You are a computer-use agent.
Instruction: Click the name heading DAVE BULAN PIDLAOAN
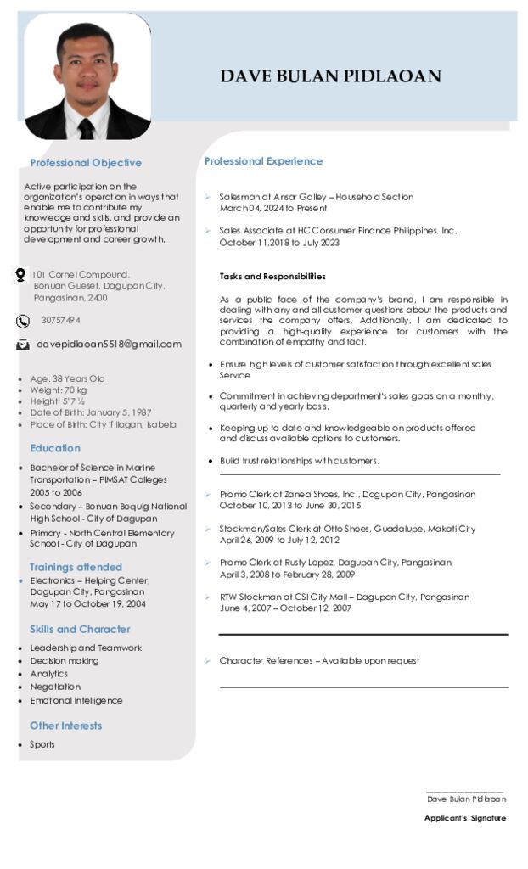(x=330, y=77)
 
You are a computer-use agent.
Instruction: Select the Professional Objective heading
(x=86, y=163)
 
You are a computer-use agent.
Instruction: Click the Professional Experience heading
(x=263, y=161)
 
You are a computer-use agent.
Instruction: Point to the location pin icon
(x=20, y=275)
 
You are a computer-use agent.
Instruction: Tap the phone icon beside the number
(x=23, y=321)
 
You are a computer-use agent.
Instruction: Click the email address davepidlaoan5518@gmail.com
(x=109, y=345)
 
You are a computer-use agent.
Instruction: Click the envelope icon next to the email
(x=23, y=345)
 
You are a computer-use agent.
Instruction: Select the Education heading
(x=55, y=448)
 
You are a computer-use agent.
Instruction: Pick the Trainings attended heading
(x=76, y=567)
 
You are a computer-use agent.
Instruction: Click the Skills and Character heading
(x=80, y=630)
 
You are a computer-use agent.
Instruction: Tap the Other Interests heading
(x=65, y=726)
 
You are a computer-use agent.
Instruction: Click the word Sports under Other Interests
(x=42, y=745)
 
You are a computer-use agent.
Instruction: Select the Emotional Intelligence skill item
(x=76, y=701)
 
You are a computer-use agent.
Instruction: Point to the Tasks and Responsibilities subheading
(x=272, y=277)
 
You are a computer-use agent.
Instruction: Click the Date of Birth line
(x=91, y=412)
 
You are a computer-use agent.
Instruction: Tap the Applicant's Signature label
(x=465, y=819)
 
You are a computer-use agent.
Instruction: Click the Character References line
(x=319, y=661)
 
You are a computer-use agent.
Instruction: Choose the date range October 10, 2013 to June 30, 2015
(x=290, y=506)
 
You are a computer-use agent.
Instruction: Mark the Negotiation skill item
(x=55, y=687)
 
